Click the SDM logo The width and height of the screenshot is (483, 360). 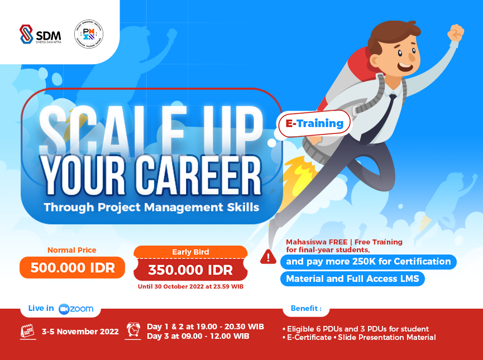click(x=40, y=34)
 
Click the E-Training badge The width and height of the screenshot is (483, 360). click(x=314, y=123)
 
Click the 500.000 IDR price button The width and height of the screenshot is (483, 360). click(x=72, y=267)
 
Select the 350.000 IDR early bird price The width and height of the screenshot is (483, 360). click(x=190, y=271)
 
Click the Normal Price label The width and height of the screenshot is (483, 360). click(x=72, y=250)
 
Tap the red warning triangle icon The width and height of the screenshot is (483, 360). click(x=269, y=256)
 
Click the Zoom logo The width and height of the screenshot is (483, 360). click(x=76, y=309)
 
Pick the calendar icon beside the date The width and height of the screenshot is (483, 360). click(x=27, y=331)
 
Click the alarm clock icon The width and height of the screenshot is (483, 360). click(x=133, y=330)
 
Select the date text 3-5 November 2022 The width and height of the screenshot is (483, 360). click(x=80, y=332)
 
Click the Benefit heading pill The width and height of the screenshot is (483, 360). click(x=306, y=308)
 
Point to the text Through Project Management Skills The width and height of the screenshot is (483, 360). click(x=151, y=207)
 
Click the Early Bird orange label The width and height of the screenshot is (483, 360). click(x=190, y=252)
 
